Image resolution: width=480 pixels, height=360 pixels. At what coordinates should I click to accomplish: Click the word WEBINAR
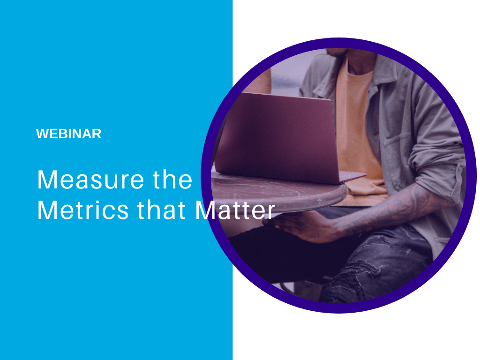tap(68, 134)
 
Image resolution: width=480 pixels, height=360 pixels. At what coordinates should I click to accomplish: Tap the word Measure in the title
tap(90, 180)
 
